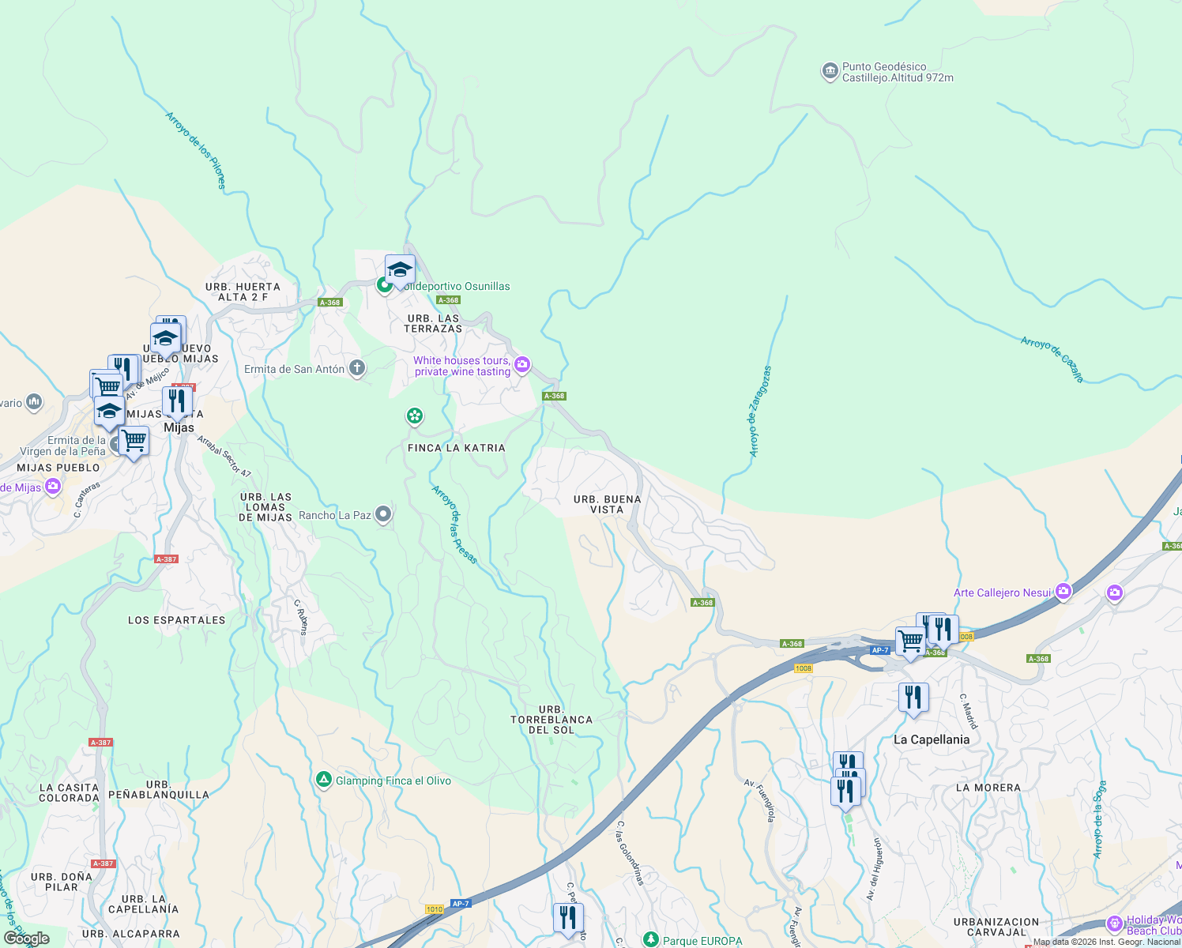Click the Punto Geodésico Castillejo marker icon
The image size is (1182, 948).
[829, 72]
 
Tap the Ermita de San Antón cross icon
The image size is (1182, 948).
[357, 368]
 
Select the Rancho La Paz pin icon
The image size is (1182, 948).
[383, 515]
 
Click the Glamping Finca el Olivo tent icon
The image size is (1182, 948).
[323, 781]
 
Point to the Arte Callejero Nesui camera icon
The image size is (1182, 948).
[1063, 592]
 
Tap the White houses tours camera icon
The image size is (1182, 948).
[521, 364]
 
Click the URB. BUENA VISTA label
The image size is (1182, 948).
[607, 504]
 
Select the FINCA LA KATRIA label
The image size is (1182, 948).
[456, 448]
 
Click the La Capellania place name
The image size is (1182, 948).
[931, 739]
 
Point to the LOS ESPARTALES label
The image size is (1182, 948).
[176, 620]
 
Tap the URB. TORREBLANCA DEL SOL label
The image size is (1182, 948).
[551, 720]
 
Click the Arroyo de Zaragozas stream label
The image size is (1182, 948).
[760, 411]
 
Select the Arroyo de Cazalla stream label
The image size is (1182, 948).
[1052, 359]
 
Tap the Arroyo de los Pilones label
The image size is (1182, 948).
[195, 150]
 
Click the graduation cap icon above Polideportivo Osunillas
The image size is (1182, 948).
[400, 270]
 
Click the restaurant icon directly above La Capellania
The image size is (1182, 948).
[913, 698]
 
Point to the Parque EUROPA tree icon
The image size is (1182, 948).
[650, 940]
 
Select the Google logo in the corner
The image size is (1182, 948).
[27, 939]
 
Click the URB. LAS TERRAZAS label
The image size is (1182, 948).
[434, 323]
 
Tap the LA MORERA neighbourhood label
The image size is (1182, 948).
[988, 788]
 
